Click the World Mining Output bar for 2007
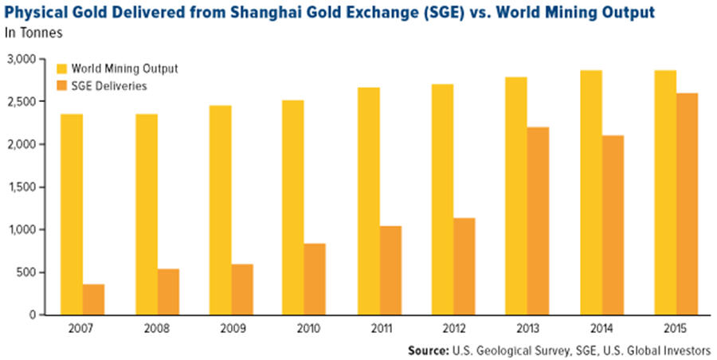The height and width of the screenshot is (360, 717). pos(72,214)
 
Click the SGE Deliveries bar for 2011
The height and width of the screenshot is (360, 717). pos(390,270)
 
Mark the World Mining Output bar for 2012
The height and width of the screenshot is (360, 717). pos(442,199)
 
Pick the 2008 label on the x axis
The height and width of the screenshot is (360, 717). pos(157,327)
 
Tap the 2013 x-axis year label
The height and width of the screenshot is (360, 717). pos(527,327)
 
